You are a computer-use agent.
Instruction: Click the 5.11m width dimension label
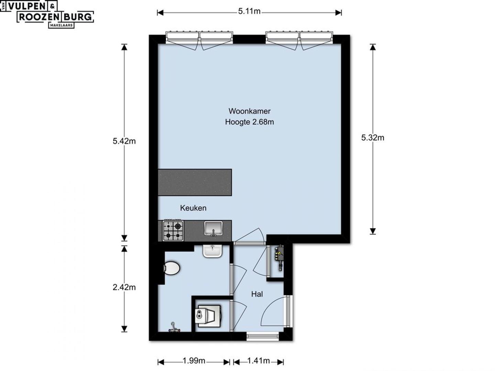(x=249, y=11)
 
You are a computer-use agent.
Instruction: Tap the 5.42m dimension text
(x=124, y=141)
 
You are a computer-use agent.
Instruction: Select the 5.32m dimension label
(x=373, y=138)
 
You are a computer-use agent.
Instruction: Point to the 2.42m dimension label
(x=124, y=287)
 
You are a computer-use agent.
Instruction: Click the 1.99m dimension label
(x=194, y=361)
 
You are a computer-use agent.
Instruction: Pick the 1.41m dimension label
(x=258, y=361)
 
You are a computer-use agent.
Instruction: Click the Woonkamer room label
(x=250, y=111)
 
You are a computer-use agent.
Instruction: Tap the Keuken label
(x=193, y=208)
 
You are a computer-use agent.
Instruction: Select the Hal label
(x=257, y=294)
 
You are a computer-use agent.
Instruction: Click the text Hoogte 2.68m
(x=250, y=122)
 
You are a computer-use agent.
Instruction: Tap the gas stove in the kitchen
(x=173, y=231)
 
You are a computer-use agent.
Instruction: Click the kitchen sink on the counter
(x=213, y=228)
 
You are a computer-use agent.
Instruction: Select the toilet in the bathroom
(x=172, y=268)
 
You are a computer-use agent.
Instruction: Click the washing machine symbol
(x=208, y=316)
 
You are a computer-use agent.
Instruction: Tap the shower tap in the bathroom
(x=174, y=327)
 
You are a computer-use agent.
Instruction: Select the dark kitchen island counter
(x=195, y=182)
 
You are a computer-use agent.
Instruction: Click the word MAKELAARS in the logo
(x=61, y=25)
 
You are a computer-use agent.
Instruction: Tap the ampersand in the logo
(x=52, y=7)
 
